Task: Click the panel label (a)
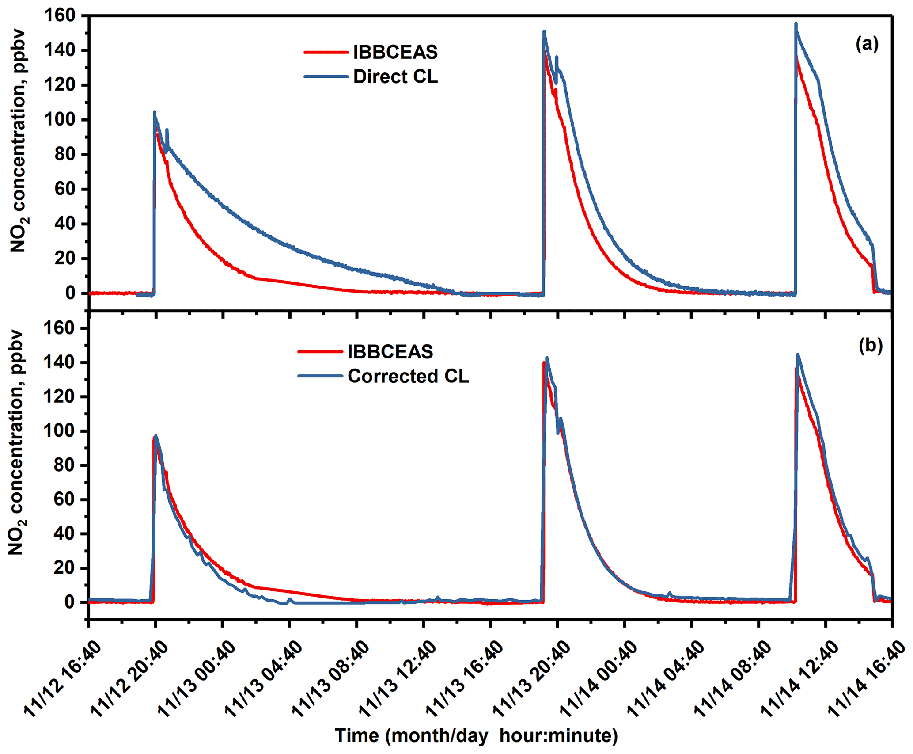tap(867, 44)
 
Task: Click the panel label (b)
tap(870, 346)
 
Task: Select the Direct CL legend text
tap(395, 77)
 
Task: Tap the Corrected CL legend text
tap(408, 376)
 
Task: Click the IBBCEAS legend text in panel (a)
tap(395, 53)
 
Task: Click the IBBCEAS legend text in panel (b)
tap(390, 352)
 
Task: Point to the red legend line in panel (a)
tap(326, 53)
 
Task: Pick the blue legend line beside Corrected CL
tap(320, 376)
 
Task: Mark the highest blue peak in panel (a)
tap(796, 24)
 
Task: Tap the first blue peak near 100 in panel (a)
tap(155, 113)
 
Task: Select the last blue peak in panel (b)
tap(798, 354)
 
